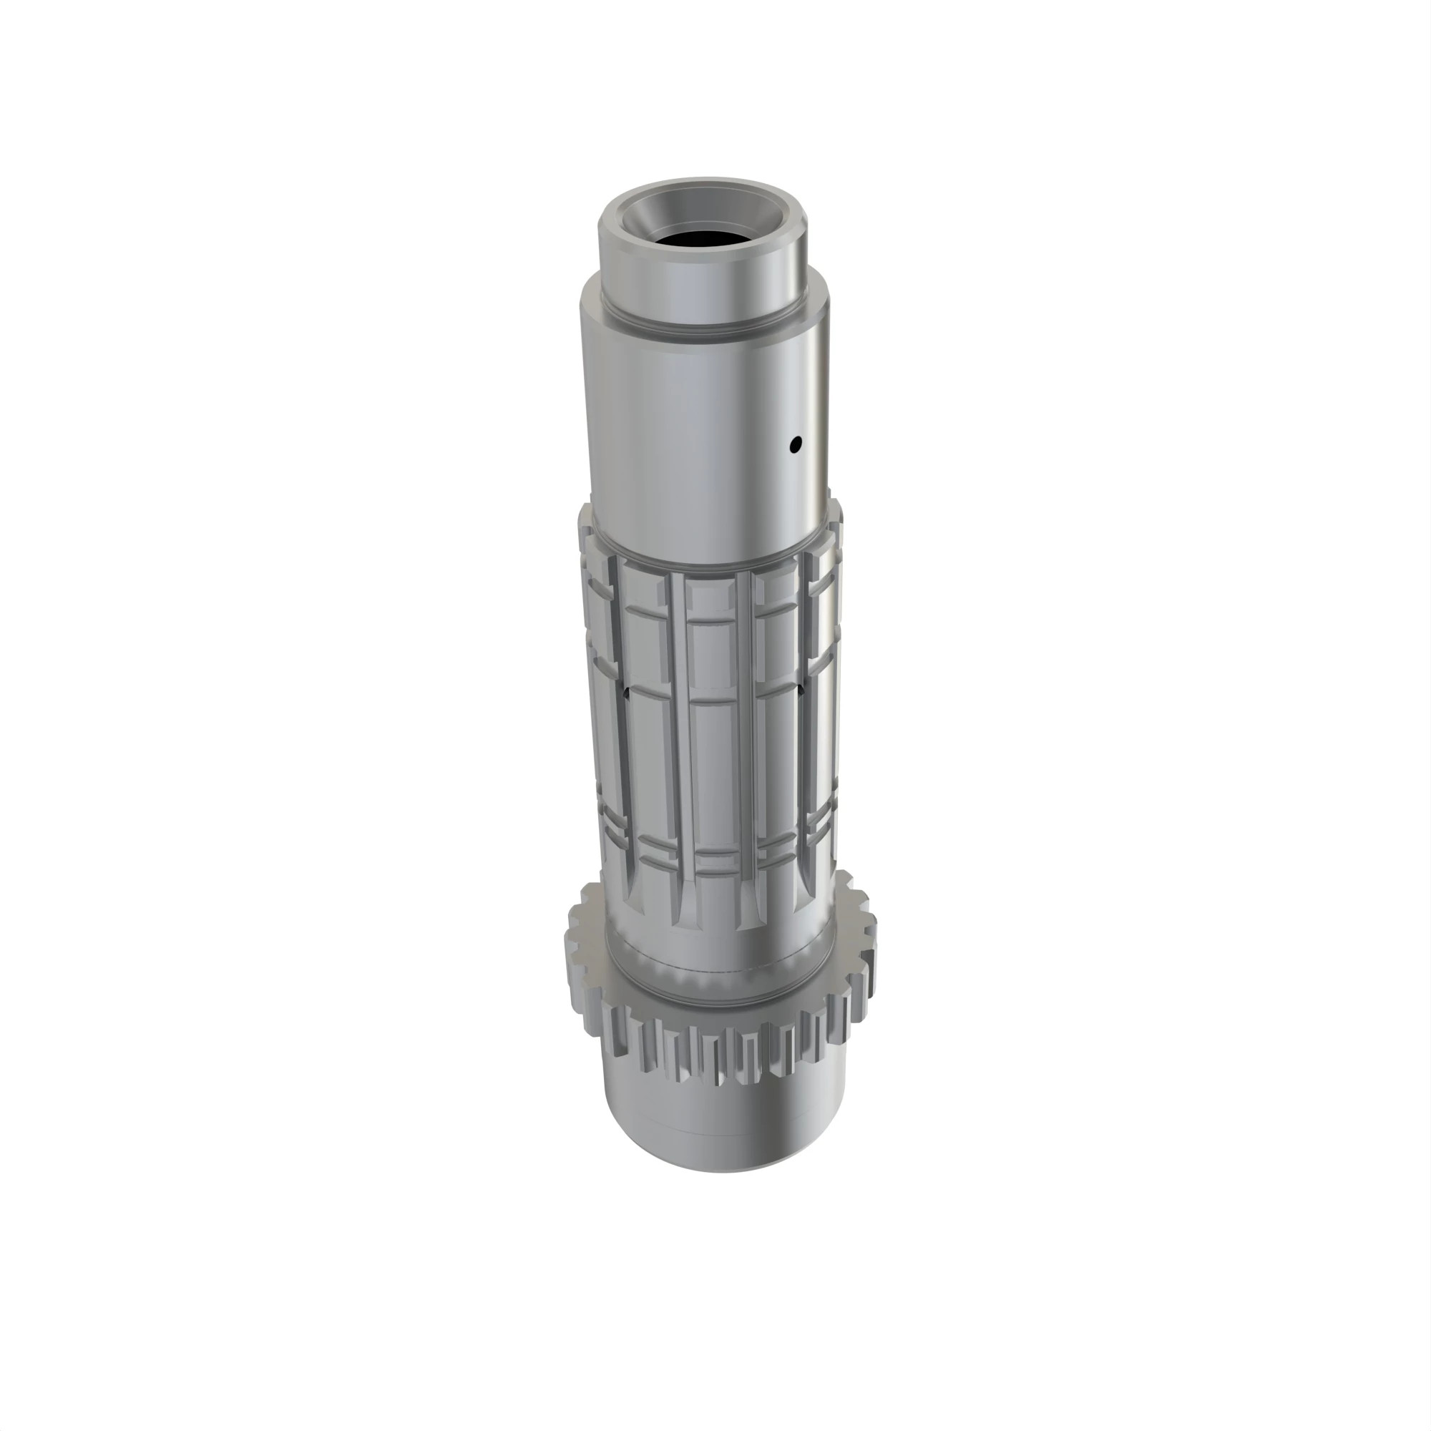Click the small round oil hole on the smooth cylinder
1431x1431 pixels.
(796, 445)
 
